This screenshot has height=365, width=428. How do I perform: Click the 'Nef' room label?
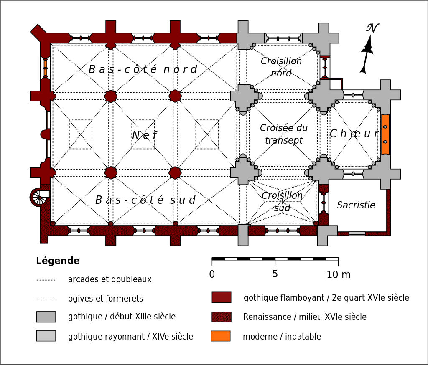145,135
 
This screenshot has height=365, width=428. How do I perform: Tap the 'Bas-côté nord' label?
143,69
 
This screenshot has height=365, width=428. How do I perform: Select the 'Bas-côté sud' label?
145,200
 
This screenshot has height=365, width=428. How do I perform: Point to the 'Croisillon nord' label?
281,67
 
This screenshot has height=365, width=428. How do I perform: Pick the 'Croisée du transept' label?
284,134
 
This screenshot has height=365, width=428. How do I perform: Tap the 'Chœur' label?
354,134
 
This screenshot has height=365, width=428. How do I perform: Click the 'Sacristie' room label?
356,205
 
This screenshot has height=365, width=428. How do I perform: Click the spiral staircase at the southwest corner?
40,197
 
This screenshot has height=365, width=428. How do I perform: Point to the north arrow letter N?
372,28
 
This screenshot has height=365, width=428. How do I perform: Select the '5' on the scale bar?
275,274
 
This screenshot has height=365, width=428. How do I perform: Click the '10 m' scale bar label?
339,275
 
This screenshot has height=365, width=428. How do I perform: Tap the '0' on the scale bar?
212,274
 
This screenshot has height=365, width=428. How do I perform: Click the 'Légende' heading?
58,261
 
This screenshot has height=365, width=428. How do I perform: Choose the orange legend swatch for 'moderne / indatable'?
221,336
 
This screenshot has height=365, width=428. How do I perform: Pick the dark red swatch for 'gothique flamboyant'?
221,297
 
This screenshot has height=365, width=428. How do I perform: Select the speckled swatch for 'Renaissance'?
221,317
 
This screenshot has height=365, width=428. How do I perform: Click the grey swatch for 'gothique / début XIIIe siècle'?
46,317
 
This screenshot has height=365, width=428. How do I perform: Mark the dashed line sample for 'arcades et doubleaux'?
46,280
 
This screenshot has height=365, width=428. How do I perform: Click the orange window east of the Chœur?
385,134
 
